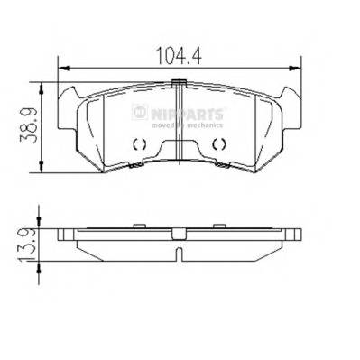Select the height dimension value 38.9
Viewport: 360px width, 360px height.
point(31,125)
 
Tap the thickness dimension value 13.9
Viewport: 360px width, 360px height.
point(29,243)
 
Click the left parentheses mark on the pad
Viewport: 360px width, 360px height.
point(137,145)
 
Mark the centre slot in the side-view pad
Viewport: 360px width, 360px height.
point(179,252)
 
